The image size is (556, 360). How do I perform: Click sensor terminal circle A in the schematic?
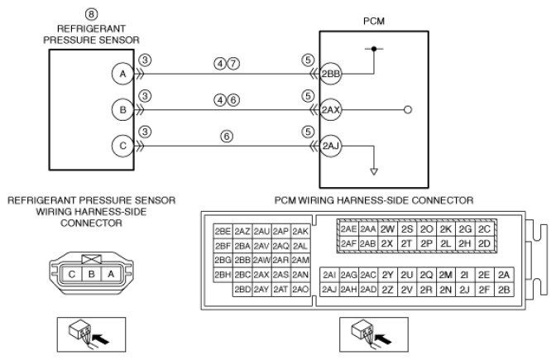click(122, 74)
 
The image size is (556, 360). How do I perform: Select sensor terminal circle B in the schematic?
click(122, 110)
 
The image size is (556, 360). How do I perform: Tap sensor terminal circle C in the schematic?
click(122, 146)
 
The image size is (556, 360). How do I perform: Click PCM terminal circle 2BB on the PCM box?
click(330, 74)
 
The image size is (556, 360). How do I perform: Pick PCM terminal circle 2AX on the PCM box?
click(330, 110)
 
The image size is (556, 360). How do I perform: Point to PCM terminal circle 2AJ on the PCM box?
click(330, 146)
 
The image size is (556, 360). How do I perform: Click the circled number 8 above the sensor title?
click(91, 14)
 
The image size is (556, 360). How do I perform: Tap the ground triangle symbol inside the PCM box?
click(374, 171)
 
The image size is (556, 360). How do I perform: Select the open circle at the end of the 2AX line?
click(408, 110)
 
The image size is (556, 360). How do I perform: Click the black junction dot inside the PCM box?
click(374, 49)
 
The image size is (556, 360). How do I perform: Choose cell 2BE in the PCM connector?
click(223, 231)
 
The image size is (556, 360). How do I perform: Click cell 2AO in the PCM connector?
click(300, 290)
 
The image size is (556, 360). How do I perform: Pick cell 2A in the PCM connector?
click(504, 275)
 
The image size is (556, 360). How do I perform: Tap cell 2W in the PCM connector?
click(387, 229)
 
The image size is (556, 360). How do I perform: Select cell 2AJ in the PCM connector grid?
click(329, 290)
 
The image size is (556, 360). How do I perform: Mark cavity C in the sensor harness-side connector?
click(72, 274)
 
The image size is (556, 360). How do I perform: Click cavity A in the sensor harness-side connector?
click(111, 274)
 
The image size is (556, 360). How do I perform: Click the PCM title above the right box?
click(374, 22)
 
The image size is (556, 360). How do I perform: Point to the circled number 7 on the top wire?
click(233, 64)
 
